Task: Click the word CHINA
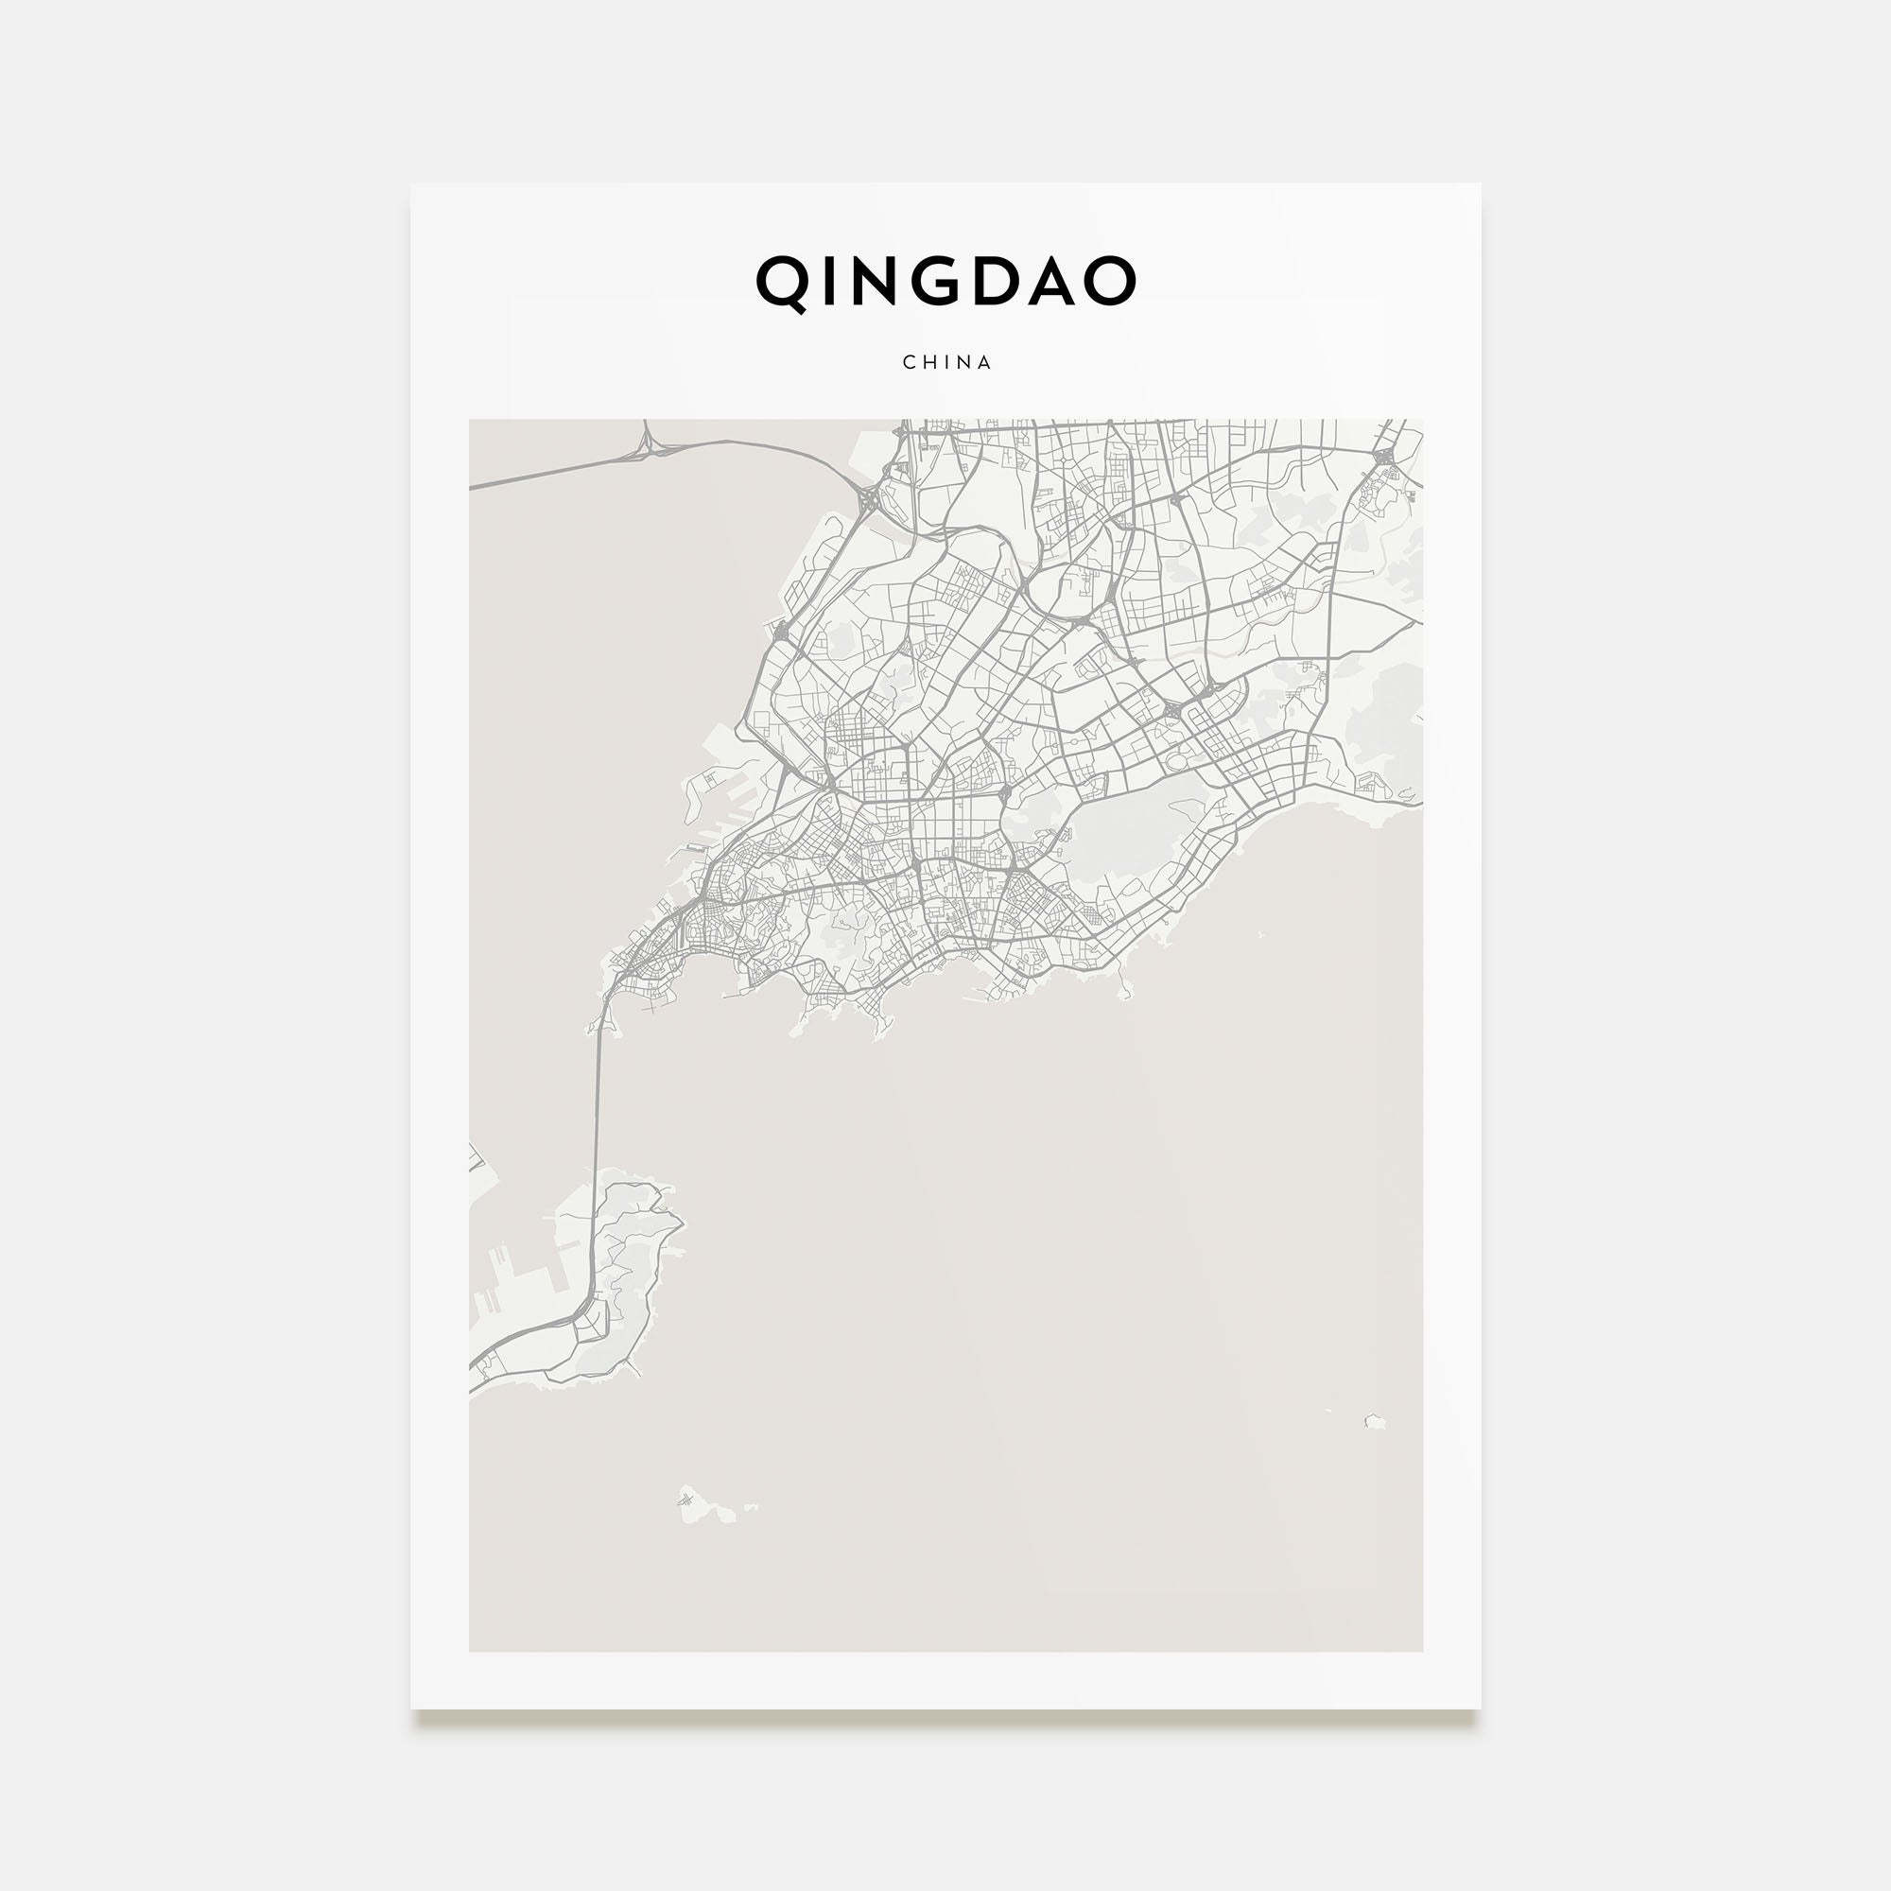click(x=946, y=362)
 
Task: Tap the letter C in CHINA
click(x=909, y=362)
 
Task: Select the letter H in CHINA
click(x=928, y=362)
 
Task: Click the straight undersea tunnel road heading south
click(x=595, y=1106)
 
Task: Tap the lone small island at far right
click(x=1374, y=1420)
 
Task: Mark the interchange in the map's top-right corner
click(x=1383, y=457)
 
